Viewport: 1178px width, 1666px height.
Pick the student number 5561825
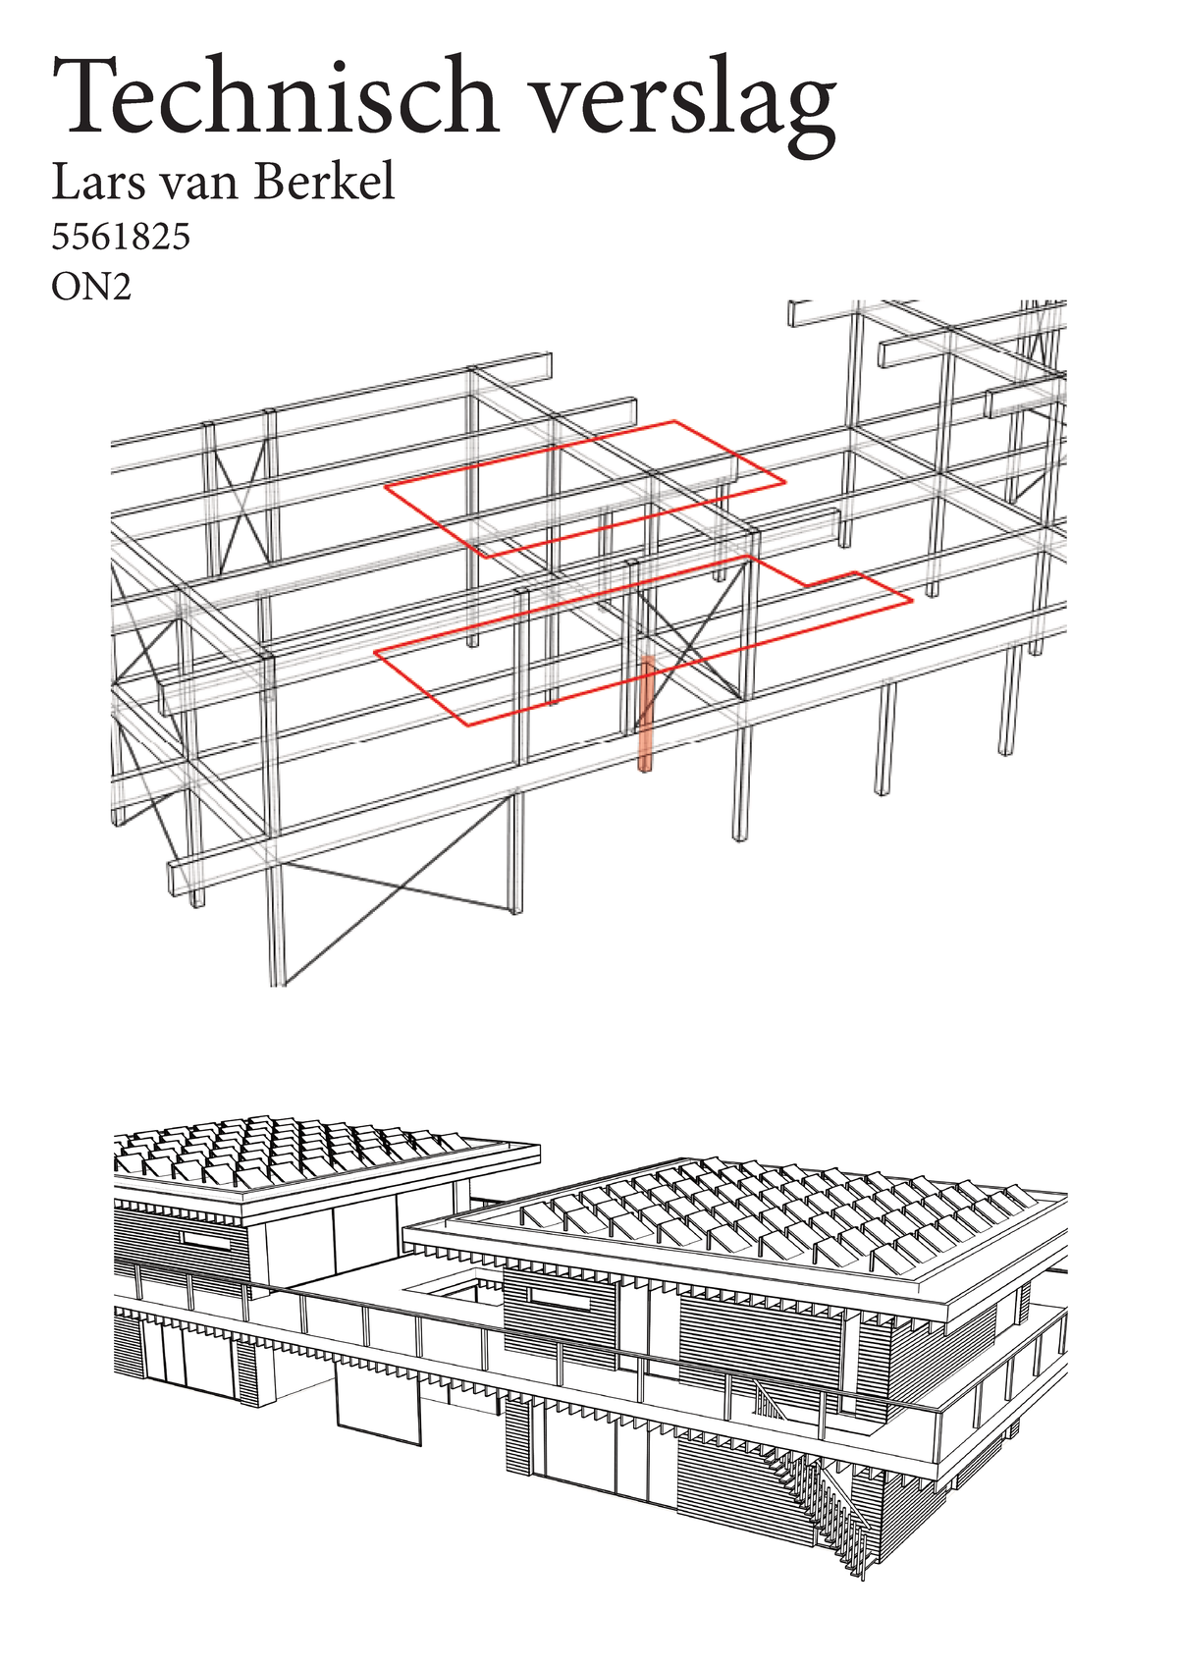[x=120, y=238]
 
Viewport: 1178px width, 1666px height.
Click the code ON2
[x=90, y=289]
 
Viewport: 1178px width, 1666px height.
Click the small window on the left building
[x=205, y=1242]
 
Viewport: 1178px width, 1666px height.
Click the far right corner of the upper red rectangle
[x=783, y=482]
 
